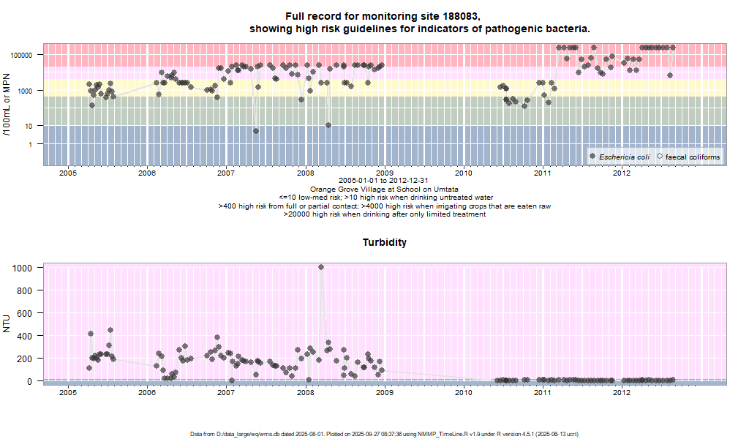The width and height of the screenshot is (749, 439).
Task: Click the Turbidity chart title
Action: click(x=385, y=242)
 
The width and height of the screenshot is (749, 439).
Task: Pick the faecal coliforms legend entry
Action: click(x=693, y=157)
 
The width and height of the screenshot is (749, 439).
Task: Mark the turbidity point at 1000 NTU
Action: click(x=321, y=267)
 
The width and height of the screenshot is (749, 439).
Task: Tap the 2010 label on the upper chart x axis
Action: click(x=463, y=173)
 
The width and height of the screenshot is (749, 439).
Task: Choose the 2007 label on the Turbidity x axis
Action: click(x=226, y=393)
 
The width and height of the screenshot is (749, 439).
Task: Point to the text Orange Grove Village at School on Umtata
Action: click(x=385, y=189)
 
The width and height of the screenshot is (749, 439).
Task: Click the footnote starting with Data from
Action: click(x=385, y=434)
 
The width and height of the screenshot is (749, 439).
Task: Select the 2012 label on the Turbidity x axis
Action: click(x=622, y=393)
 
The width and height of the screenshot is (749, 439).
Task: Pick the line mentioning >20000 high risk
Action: click(x=385, y=214)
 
